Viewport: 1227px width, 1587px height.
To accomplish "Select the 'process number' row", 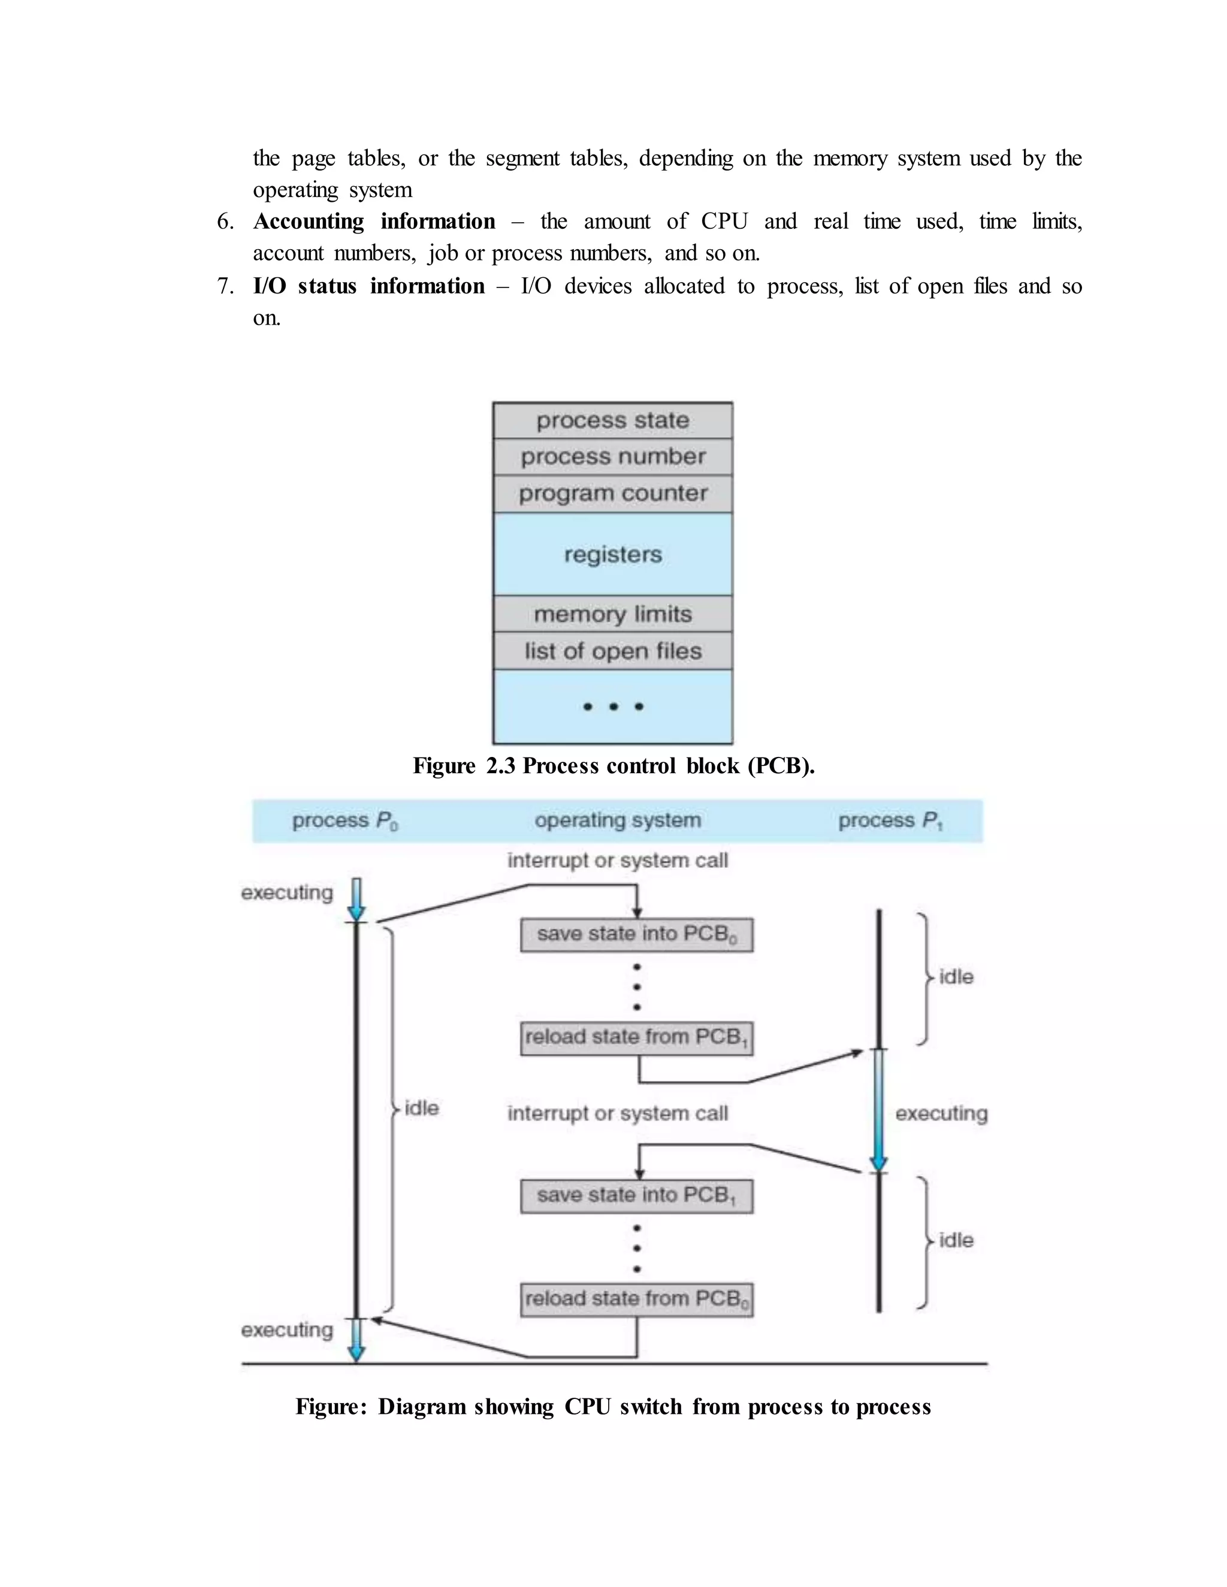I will click(x=612, y=457).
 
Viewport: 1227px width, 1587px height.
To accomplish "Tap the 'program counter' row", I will click(x=612, y=493).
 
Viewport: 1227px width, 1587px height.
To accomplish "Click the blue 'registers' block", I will click(x=612, y=555).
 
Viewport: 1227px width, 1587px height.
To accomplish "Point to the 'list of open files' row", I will click(x=612, y=651).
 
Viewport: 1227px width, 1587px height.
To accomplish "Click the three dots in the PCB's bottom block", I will click(x=613, y=706).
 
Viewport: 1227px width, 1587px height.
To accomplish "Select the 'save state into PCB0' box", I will click(x=636, y=934).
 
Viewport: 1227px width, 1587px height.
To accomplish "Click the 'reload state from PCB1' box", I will click(x=636, y=1038).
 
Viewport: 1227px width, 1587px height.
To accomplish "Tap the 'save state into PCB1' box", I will click(x=636, y=1196).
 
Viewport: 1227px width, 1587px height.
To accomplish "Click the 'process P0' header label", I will click(x=344, y=821).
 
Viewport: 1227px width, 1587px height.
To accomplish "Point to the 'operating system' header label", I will click(x=618, y=820).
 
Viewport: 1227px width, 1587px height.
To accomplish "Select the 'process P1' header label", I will click(x=890, y=821).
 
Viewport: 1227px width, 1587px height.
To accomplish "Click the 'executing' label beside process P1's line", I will click(x=941, y=1113).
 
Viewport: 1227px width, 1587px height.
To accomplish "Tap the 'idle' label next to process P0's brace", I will click(x=422, y=1108).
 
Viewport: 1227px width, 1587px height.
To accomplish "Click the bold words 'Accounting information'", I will click(x=374, y=221).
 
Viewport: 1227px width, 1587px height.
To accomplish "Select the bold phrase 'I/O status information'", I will click(x=368, y=286).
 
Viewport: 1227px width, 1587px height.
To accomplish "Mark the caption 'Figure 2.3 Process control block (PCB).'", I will click(x=613, y=766).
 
